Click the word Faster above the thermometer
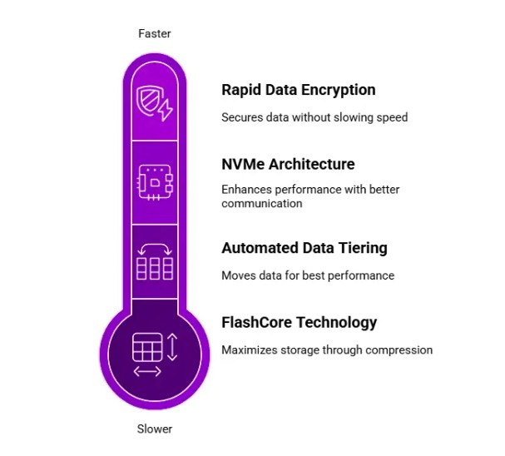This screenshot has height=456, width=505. (154, 34)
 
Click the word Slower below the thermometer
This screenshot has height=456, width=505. (154, 429)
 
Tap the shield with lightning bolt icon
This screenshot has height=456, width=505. (154, 104)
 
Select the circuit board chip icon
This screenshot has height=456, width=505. (154, 181)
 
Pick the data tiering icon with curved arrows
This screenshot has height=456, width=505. (154, 260)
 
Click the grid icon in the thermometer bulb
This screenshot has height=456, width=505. (146, 346)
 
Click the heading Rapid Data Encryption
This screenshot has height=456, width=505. (298, 90)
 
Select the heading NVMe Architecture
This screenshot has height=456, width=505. (288, 164)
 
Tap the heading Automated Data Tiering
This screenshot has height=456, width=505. (304, 248)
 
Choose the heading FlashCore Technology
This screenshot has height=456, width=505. (299, 322)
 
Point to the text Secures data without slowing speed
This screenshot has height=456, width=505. (314, 117)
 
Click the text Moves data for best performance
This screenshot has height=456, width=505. (308, 275)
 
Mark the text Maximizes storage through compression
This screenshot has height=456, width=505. (327, 350)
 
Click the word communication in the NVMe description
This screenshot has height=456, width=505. (261, 203)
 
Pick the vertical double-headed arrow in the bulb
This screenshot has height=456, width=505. (172, 345)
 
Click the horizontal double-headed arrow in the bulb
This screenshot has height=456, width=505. (147, 371)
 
